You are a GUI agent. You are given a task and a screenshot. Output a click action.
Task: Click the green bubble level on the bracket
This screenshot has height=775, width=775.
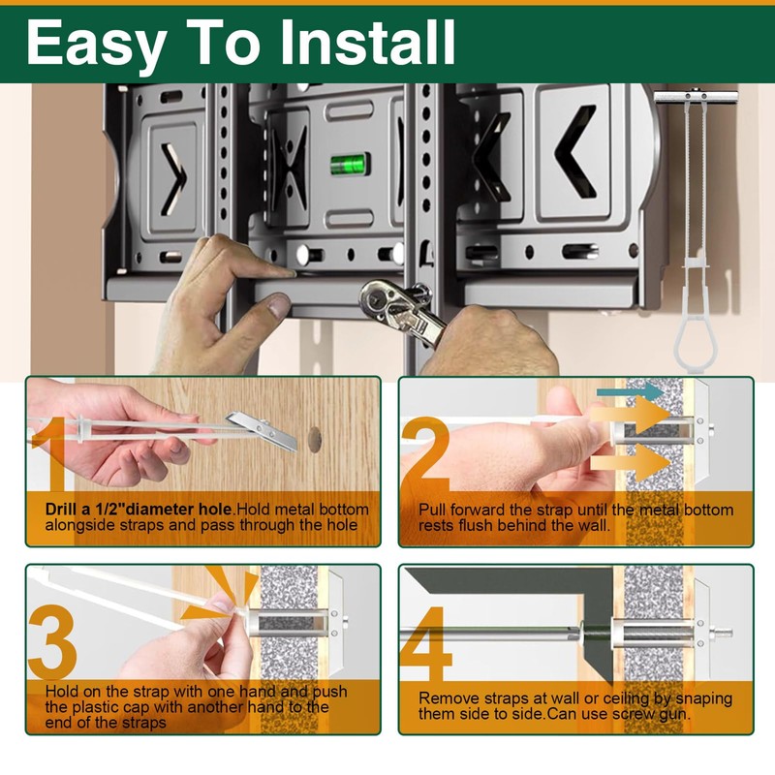pos(350,165)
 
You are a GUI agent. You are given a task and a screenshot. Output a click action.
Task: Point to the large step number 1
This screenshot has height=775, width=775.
pos(49,453)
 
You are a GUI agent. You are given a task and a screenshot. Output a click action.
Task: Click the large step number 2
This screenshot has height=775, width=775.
pos(425,454)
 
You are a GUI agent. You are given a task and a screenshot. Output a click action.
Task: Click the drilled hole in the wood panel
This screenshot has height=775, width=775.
pos(315,439)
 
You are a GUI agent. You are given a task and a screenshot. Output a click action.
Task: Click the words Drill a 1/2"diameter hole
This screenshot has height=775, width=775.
pos(139,510)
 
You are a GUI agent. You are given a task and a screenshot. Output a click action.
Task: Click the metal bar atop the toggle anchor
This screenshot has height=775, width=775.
pos(696,95)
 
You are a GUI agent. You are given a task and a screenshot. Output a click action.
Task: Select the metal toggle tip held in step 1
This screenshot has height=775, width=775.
pos(263,429)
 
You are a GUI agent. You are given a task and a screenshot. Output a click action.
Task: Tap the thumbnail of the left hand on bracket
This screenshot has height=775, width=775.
pos(278,305)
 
